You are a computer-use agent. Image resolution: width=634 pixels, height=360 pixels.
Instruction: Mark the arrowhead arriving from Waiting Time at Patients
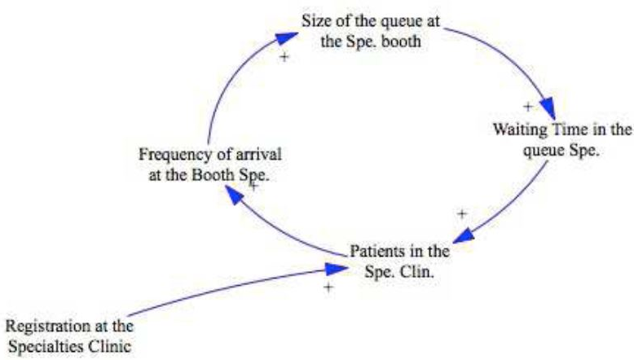(x=462, y=236)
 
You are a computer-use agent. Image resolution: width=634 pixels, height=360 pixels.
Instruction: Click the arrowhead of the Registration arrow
(x=337, y=268)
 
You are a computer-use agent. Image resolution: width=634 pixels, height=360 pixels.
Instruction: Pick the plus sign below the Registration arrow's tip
(x=328, y=288)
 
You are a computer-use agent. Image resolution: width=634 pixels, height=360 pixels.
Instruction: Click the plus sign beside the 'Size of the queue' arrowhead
(x=284, y=57)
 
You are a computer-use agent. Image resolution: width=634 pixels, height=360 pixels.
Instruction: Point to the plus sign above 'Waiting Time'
(x=527, y=106)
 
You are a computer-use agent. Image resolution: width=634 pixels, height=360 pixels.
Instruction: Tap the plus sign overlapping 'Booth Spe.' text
(x=253, y=186)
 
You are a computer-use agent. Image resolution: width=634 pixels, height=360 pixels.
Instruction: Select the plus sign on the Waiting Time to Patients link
(x=462, y=213)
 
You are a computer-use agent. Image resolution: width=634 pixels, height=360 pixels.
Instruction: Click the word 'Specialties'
(x=48, y=345)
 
